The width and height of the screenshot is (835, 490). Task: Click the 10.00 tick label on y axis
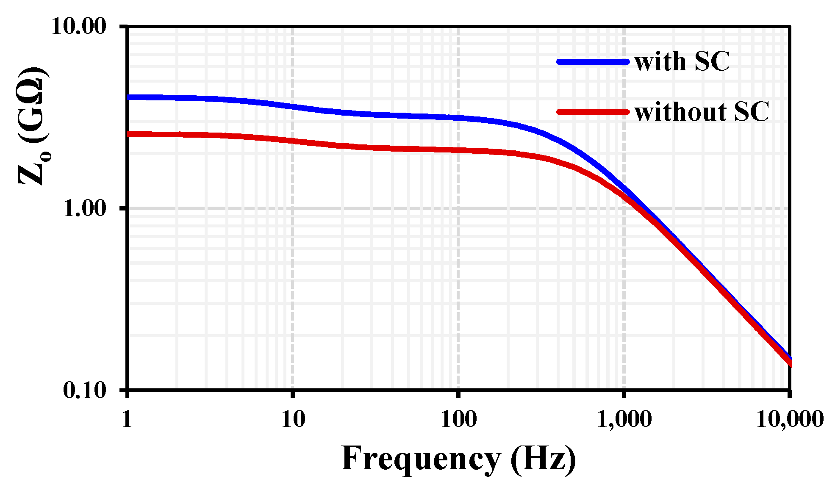[78, 27]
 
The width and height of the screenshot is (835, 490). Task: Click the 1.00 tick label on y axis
[84, 209]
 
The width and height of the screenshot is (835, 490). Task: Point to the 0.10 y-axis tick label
[84, 390]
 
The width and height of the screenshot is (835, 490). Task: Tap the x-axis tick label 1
[127, 419]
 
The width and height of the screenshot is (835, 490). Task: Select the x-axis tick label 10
[293, 419]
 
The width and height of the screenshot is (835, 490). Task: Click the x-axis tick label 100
[458, 419]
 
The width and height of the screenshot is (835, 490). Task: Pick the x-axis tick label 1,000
[624, 419]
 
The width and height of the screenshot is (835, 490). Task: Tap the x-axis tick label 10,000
[789, 419]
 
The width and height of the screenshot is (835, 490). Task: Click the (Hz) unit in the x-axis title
[543, 459]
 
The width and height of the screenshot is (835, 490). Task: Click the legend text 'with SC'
[682, 62]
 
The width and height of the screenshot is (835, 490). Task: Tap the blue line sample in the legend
[592, 62]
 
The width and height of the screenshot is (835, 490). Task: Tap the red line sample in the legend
[592, 112]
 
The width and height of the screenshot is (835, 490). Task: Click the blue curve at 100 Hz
[458, 118]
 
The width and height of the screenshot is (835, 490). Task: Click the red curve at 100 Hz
[458, 150]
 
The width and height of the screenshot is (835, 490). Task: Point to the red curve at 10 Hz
[293, 141]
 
